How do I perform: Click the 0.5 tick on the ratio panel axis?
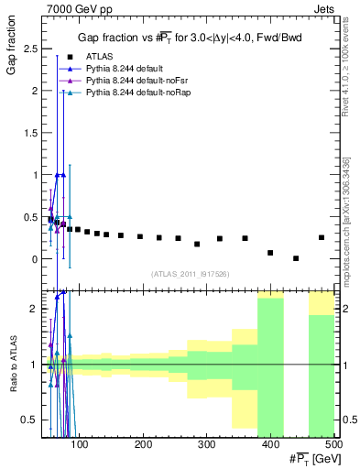point(30,420)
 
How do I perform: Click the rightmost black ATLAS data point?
point(321,237)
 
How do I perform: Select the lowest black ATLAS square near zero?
point(296,258)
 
